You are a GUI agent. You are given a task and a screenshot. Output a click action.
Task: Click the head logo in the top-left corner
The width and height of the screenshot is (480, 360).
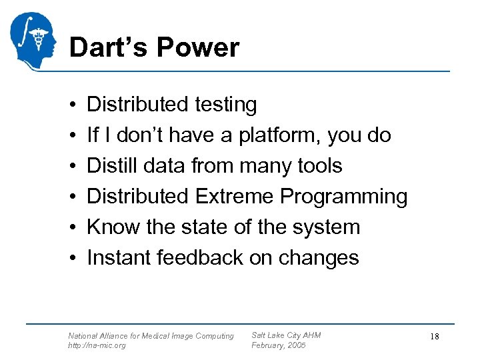pos(33,40)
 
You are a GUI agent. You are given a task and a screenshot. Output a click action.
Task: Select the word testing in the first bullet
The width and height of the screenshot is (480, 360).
pos(226,105)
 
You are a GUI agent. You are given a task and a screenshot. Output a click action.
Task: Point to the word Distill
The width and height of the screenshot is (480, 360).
pos(113,165)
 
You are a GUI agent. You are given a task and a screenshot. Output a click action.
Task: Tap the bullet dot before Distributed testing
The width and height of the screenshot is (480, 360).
pos(71,105)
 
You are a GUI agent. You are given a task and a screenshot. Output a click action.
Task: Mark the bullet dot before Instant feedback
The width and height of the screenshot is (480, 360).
pos(71,258)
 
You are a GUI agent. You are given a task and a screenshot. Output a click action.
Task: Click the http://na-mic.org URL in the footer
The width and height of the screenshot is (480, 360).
pos(97,345)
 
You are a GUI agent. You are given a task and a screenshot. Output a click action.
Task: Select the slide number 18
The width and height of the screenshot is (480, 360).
pos(434,337)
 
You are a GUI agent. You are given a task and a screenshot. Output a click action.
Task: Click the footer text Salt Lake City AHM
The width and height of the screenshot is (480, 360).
pos(286,335)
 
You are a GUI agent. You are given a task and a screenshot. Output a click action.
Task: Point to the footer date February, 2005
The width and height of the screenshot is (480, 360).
pos(278,345)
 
